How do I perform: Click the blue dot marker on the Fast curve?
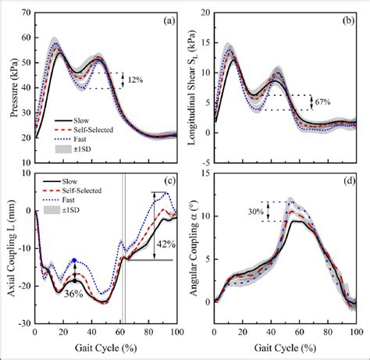click(x=73, y=261)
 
